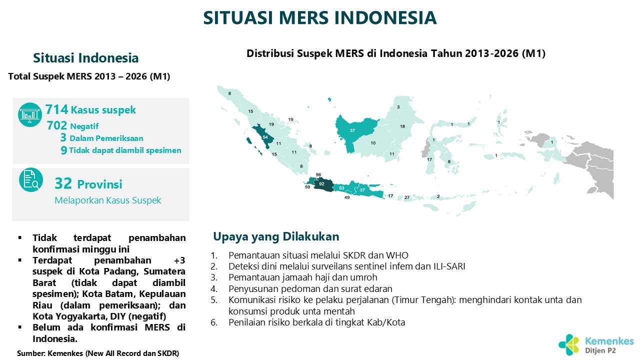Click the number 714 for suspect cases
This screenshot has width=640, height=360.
pyautogui.click(x=56, y=109)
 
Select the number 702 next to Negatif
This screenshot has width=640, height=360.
pyautogui.click(x=57, y=125)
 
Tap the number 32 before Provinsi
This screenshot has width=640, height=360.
pyautogui.click(x=63, y=183)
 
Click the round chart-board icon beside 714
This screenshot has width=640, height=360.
pyautogui.click(x=30, y=115)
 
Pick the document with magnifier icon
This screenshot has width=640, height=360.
pyautogui.click(x=31, y=179)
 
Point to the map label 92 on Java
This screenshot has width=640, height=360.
pyautogui.click(x=321, y=183)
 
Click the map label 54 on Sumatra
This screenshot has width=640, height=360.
pyautogui.click(x=265, y=137)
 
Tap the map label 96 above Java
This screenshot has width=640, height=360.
pyautogui.click(x=318, y=174)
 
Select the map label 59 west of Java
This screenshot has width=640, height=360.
pyautogui.click(x=307, y=187)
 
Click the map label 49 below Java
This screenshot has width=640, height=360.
pyautogui.click(x=347, y=197)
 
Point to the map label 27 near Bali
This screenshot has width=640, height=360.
pyautogui.click(x=407, y=197)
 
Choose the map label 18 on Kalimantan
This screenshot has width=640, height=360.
pyautogui.click(x=402, y=126)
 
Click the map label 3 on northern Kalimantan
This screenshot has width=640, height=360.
pyautogui.click(x=398, y=107)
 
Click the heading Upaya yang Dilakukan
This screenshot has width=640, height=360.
pyautogui.click(x=276, y=236)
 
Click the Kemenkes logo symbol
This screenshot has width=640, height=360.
pyautogui.click(x=569, y=345)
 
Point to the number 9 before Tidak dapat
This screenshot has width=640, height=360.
pyautogui.click(x=64, y=150)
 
